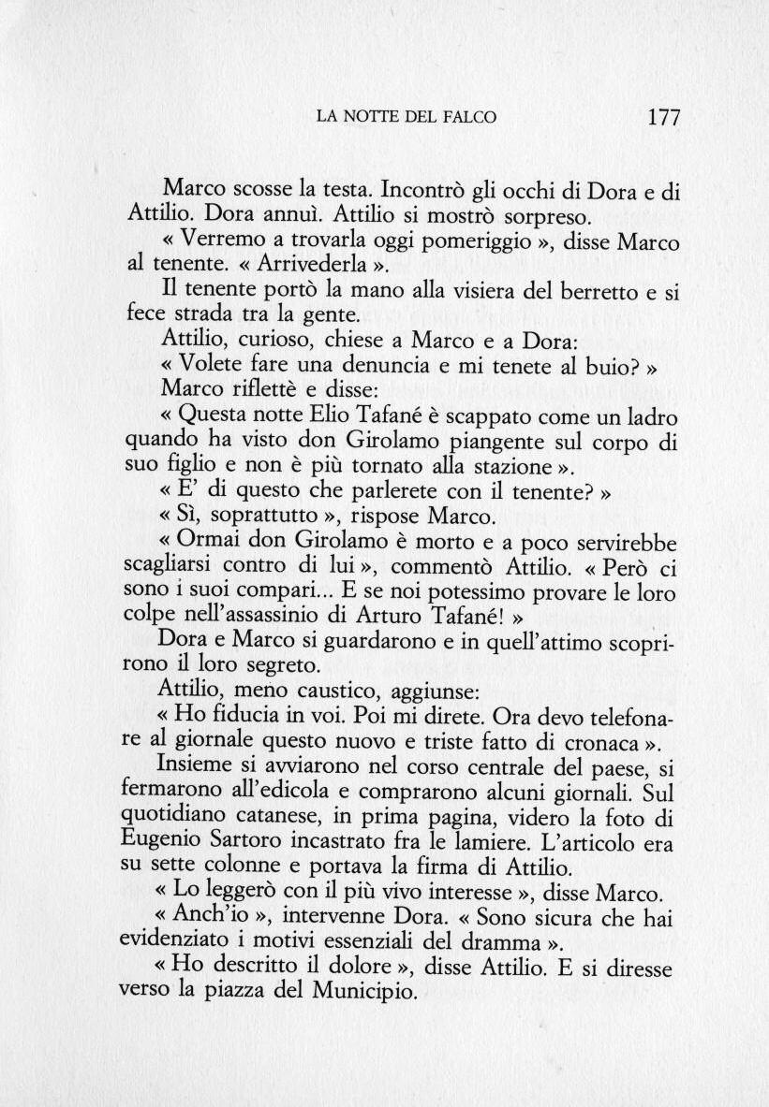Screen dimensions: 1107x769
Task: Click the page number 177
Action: pos(662,117)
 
